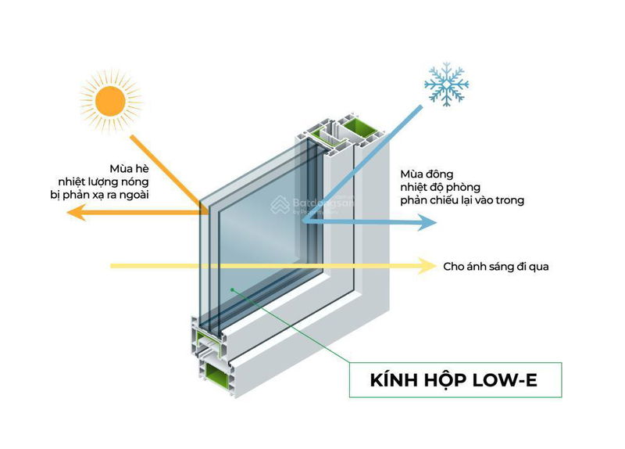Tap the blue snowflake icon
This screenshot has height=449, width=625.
446,84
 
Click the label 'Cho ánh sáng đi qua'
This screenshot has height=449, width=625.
495,267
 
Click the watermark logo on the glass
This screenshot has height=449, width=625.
279,204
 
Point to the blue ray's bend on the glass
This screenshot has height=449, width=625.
302,222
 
